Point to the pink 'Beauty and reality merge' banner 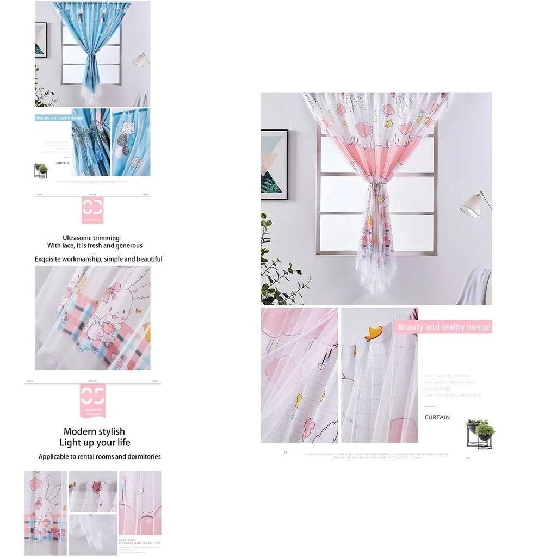[x=444, y=327]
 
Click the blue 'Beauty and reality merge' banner [x=59, y=117]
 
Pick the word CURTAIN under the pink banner [x=437, y=417]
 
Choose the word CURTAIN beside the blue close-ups [x=63, y=163]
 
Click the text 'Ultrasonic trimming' [x=91, y=238]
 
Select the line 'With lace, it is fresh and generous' [x=95, y=246]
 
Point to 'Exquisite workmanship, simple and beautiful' [x=98, y=259]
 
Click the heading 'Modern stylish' [x=94, y=431]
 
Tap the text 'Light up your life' [x=95, y=443]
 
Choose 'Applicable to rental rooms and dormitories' [x=100, y=457]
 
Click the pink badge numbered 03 [x=92, y=210]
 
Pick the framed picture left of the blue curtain [x=41, y=40]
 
